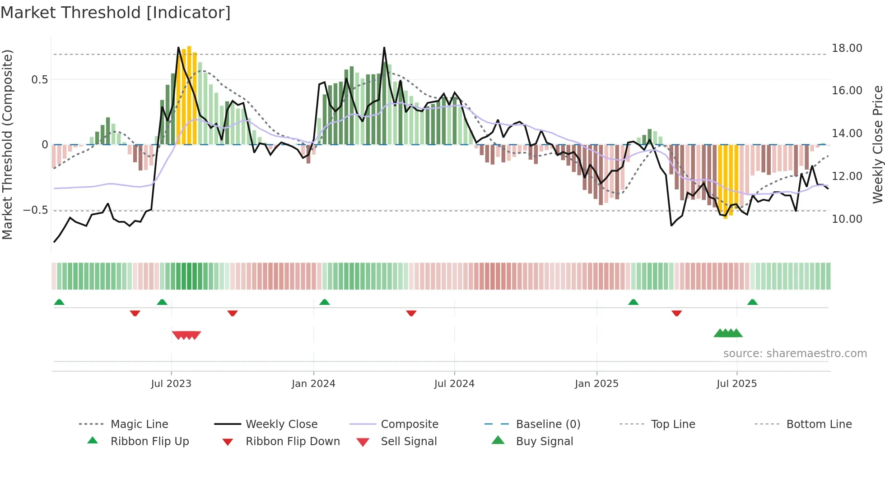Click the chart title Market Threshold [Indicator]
point(116,13)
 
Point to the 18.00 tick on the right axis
point(847,48)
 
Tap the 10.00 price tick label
point(847,219)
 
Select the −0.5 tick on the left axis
point(36,210)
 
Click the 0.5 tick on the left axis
point(39,80)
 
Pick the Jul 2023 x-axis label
point(171,384)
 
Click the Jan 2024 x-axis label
point(313,384)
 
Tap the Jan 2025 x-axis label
point(596,384)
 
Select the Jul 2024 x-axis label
point(454,384)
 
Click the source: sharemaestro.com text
point(795,354)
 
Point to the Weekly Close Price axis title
point(877,144)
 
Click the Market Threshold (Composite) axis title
point(7,144)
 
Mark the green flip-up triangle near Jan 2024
point(325,302)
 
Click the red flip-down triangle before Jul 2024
point(411,313)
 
